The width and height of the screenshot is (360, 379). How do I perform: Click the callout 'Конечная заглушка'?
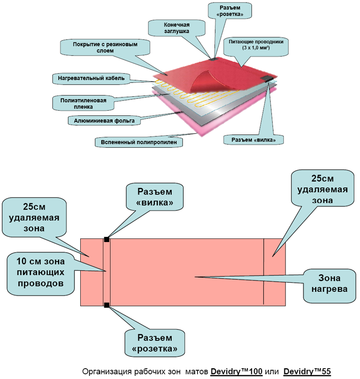point(177,28)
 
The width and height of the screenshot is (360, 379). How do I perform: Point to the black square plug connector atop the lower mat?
point(106,238)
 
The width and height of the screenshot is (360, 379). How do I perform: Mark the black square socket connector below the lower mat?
point(106,306)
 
